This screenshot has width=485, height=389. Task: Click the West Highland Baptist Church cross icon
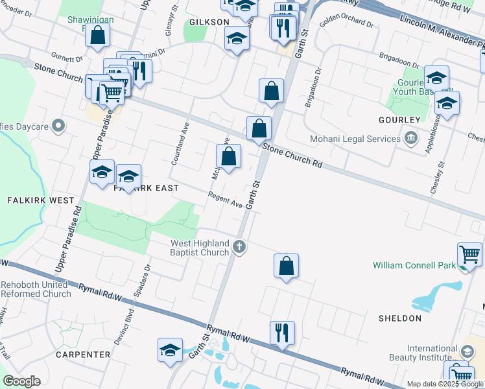[x=239, y=246]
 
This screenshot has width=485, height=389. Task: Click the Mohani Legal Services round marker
[x=410, y=138]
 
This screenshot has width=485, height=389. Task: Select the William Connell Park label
[x=414, y=265]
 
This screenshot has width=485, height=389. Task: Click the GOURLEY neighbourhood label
[x=399, y=121]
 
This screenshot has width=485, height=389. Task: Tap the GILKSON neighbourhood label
[x=209, y=22]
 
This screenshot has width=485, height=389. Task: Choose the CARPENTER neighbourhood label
[x=83, y=355]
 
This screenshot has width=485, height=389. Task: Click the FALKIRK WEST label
[x=41, y=200]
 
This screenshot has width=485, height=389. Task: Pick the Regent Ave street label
[x=225, y=201]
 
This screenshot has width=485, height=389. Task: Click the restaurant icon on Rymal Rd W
[x=282, y=333]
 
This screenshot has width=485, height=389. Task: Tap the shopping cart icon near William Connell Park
[x=470, y=254]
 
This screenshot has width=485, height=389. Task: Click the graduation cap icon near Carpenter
[x=170, y=350]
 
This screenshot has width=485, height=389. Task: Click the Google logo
[x=21, y=381]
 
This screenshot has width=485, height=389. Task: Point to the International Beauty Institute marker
[x=466, y=351]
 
